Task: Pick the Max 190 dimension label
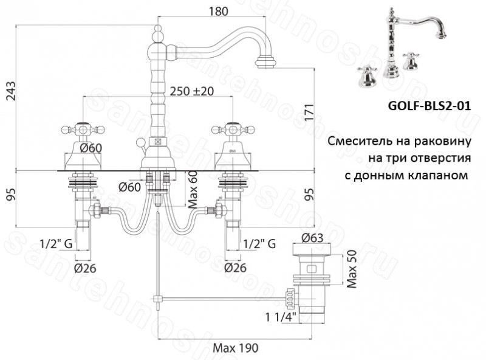click(x=235, y=348)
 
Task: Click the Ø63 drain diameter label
click(x=313, y=238)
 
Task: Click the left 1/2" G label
click(x=56, y=243)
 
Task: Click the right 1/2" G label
click(x=260, y=243)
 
